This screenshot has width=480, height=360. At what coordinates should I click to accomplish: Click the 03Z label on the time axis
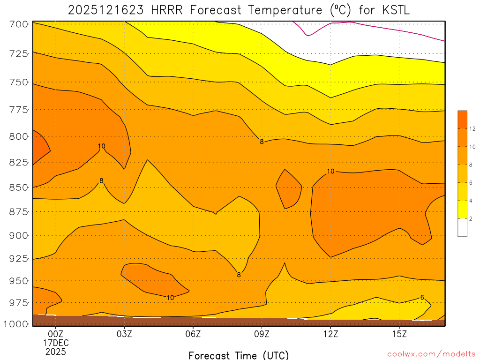(x=124, y=334)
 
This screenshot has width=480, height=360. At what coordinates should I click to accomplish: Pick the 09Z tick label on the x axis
(x=262, y=334)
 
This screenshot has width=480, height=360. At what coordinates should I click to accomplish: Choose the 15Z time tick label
(x=399, y=334)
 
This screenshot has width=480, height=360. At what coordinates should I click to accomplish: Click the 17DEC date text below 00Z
(x=56, y=343)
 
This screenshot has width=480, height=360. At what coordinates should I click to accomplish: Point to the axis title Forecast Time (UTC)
(x=239, y=355)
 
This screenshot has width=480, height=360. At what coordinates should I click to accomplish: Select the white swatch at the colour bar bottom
(x=462, y=227)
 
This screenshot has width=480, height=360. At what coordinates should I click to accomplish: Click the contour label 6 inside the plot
(x=422, y=298)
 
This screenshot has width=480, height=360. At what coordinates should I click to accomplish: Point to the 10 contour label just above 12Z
(x=330, y=171)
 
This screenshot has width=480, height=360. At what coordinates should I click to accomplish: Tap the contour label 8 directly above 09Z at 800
(x=262, y=142)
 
